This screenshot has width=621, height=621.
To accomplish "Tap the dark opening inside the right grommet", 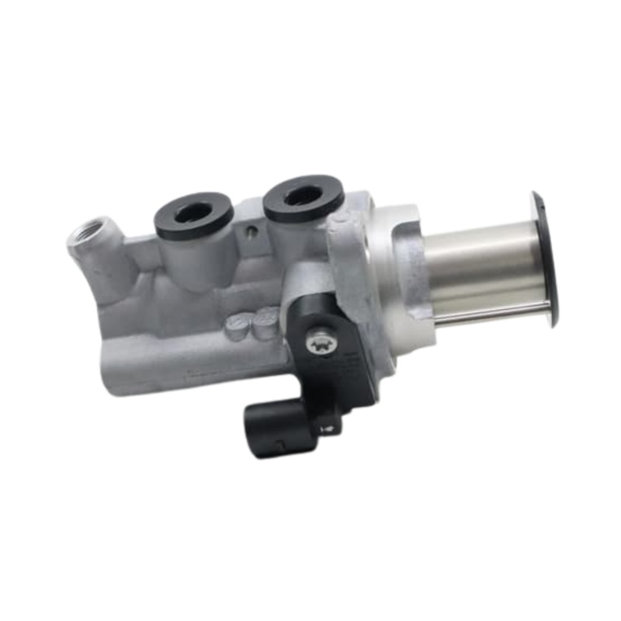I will (303, 195).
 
